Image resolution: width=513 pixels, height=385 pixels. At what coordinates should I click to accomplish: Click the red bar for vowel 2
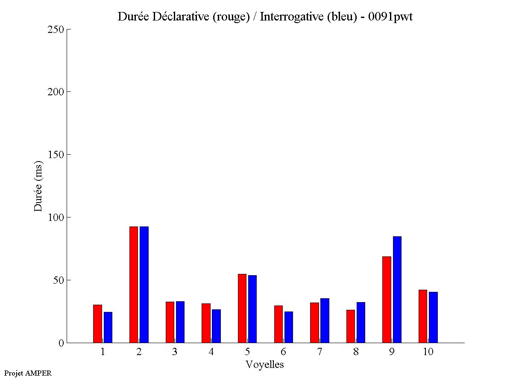click(x=134, y=285)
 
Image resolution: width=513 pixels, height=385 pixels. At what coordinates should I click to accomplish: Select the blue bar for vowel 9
click(x=397, y=289)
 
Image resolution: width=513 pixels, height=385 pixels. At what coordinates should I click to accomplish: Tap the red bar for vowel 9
click(x=387, y=299)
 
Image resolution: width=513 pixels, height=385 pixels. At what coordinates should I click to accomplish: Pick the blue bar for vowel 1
click(x=108, y=327)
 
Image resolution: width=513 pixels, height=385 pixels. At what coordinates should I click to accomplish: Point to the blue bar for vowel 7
click(x=325, y=320)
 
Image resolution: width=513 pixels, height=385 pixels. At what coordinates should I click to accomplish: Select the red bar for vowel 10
click(x=423, y=316)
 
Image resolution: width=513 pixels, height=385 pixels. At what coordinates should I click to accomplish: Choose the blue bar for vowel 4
click(x=216, y=326)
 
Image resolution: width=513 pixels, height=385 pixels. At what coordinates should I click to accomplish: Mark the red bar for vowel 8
click(x=351, y=326)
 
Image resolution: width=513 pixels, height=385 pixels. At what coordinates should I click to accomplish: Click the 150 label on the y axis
click(x=56, y=155)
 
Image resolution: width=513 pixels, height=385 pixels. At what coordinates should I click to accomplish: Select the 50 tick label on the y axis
click(x=58, y=280)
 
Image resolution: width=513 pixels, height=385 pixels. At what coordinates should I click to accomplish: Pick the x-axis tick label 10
click(x=428, y=352)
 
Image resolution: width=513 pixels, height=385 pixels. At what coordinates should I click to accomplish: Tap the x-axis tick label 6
click(x=283, y=352)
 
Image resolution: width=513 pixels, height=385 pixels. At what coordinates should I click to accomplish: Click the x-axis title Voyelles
click(x=265, y=364)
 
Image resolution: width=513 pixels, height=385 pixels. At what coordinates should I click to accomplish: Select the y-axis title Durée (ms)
click(x=38, y=186)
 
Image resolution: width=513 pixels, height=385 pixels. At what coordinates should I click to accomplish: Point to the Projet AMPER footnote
click(x=28, y=373)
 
